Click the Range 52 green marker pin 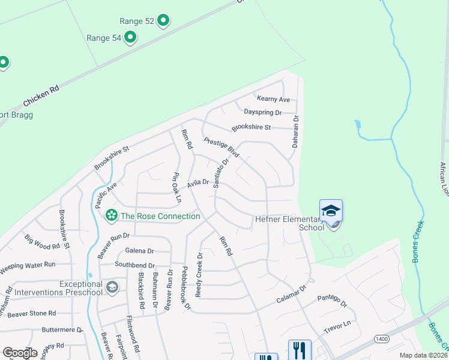164,21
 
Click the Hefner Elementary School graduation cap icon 331,210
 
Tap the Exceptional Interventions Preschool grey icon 112,287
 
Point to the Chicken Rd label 41,95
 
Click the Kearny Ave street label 273,99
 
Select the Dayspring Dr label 263,112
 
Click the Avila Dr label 197,184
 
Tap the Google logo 20,353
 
